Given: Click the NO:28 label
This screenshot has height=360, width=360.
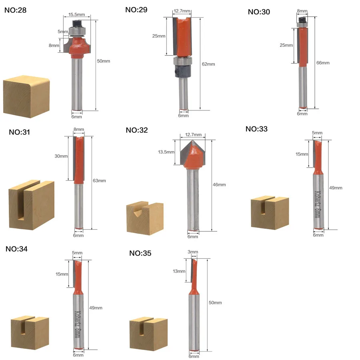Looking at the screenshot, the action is [x=15, y=10].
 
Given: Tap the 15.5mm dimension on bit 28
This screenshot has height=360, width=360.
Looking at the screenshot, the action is [x=76, y=14].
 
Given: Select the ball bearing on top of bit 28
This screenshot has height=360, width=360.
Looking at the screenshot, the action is [x=77, y=31].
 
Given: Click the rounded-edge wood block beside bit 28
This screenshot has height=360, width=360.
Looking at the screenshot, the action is [x=26, y=97].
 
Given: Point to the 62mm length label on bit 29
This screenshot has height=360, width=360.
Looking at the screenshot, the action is [x=208, y=64].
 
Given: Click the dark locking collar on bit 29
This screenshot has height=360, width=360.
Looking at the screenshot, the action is [x=182, y=71].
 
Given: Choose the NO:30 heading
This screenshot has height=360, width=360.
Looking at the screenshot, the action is [x=259, y=12].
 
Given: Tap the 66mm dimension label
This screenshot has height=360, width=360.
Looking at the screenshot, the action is [x=323, y=63].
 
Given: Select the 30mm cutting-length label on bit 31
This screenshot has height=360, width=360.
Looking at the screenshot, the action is [x=61, y=156].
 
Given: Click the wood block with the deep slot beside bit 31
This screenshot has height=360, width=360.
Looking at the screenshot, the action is [x=32, y=205].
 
